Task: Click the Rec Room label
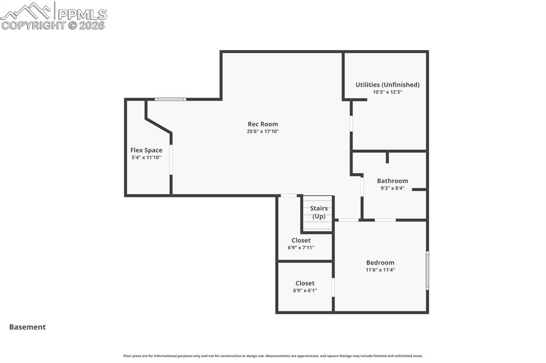pos(263,124)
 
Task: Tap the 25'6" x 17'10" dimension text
pos(263,131)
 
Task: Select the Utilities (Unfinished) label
pos(388,85)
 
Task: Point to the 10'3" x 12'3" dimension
pos(388,92)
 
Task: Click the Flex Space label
pos(146,150)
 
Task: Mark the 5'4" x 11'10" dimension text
pos(146,158)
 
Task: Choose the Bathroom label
pos(392,180)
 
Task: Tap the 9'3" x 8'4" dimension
pos(392,188)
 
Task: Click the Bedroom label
pos(380,262)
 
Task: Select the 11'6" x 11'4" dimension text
pos(380,270)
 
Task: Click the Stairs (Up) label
pos(319,212)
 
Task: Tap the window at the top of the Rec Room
pos(171,99)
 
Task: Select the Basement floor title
pos(27,327)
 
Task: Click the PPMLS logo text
pos(81,14)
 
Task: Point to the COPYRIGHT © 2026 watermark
pos(53,25)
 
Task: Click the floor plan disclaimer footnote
pos(273,356)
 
